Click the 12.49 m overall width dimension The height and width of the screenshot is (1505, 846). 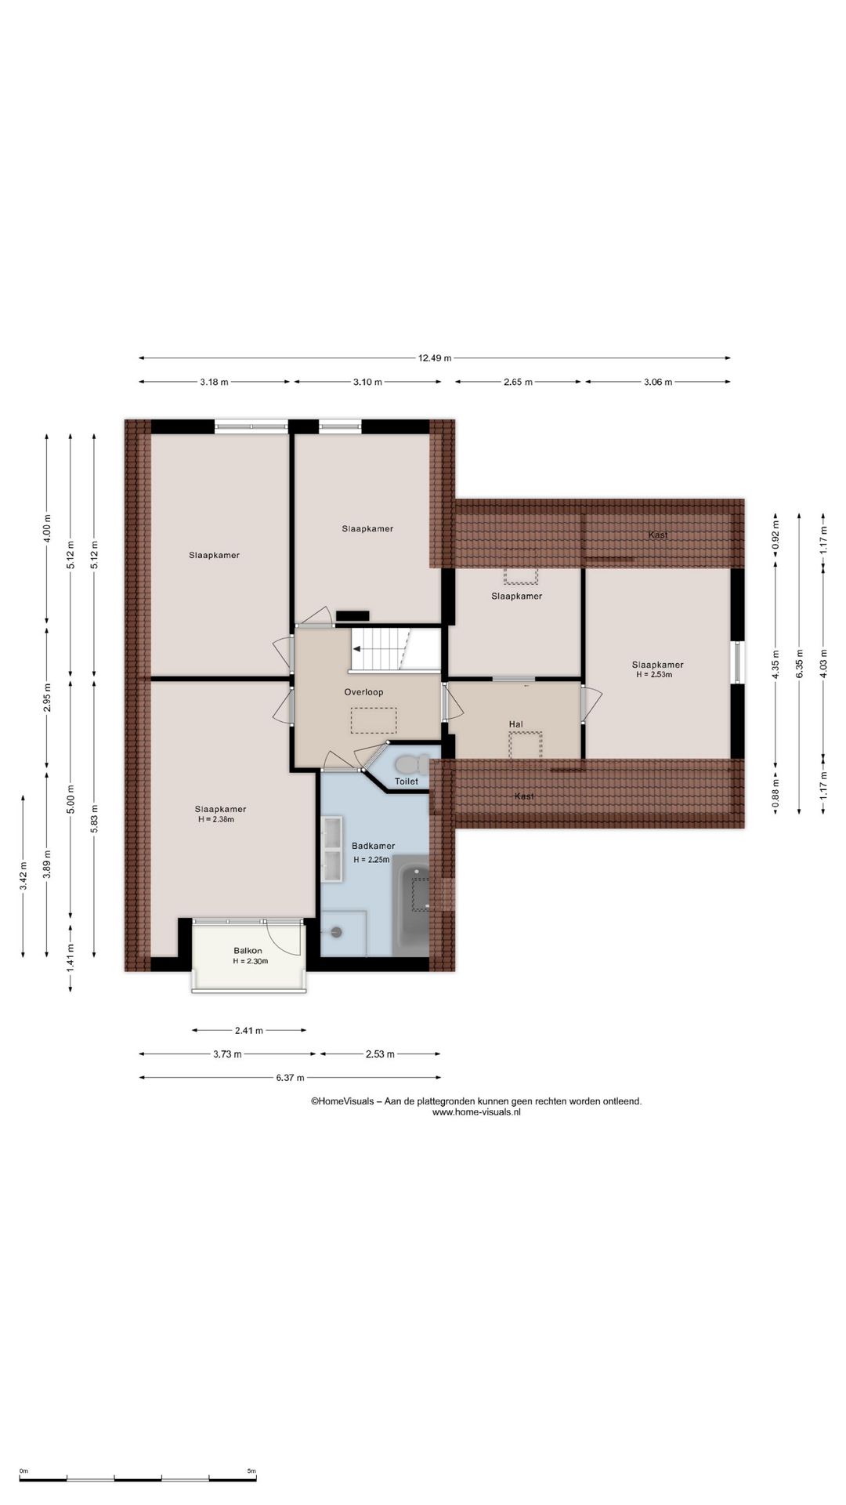click(435, 358)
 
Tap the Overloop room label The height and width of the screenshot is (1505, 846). click(363, 692)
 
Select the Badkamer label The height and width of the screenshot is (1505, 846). click(373, 846)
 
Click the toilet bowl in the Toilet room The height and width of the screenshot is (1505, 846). click(412, 763)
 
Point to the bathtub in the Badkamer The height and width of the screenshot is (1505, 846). click(411, 905)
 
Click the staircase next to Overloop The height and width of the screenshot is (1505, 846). click(381, 649)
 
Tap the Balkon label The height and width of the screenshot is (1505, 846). click(248, 951)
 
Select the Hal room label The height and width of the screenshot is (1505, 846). click(515, 724)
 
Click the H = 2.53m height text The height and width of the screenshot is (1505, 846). click(654, 674)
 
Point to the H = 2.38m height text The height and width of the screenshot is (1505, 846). click(216, 819)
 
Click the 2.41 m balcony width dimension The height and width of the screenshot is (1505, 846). click(249, 1030)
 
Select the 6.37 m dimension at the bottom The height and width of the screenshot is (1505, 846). click(290, 1078)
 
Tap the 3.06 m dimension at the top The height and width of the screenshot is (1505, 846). click(658, 382)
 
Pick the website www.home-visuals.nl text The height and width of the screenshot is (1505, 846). click(476, 1112)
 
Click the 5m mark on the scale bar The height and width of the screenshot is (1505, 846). click(251, 1471)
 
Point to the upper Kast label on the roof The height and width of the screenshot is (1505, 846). click(658, 535)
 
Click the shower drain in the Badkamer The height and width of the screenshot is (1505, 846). click(337, 932)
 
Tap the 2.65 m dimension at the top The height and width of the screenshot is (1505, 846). click(518, 382)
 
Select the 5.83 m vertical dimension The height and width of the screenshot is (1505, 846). click(94, 819)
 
